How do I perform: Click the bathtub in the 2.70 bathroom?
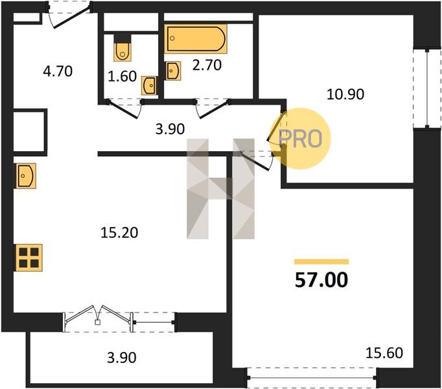(196, 39)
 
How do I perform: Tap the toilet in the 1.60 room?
(122, 48)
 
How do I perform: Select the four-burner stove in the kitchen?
(29, 258)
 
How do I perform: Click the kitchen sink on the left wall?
(25, 176)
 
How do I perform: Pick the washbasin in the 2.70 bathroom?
(173, 71)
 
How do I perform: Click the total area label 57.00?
(321, 280)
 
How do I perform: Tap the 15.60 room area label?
(384, 353)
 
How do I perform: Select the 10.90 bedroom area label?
(345, 94)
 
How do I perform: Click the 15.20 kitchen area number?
(119, 233)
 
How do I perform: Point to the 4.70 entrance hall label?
(58, 71)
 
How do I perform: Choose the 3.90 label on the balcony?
(122, 358)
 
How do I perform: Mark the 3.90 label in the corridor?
(170, 129)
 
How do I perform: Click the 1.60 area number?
(122, 76)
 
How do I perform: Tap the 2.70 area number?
(207, 65)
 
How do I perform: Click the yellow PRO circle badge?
(300, 139)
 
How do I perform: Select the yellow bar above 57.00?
(321, 262)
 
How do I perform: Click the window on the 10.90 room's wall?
(427, 89)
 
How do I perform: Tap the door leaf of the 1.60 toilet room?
(123, 110)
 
